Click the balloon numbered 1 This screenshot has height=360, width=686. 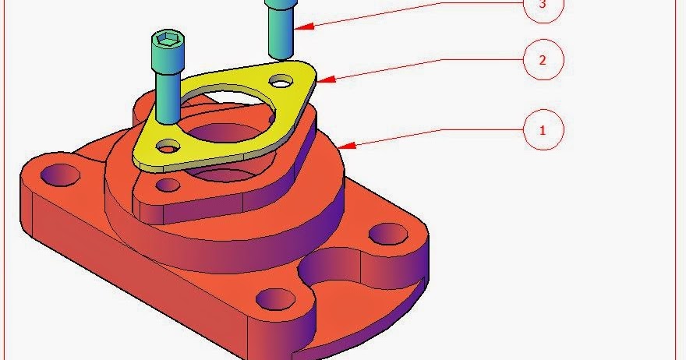pos(543,130)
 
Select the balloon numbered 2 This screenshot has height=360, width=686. pos(543,60)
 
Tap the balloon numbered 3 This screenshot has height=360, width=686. pos(543,6)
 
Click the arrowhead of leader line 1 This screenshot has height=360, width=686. pos(345,146)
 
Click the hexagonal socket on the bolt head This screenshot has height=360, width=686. pos(168,40)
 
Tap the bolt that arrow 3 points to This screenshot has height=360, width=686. pos(281,27)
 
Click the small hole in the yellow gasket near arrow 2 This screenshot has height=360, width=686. pos(281,81)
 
